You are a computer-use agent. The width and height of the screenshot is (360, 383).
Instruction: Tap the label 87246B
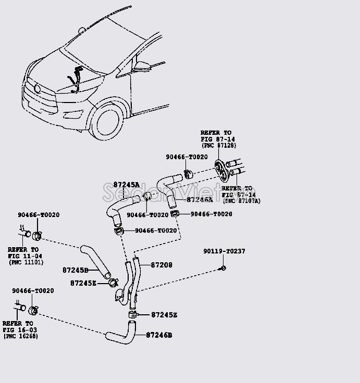pyautogui.click(x=159, y=336)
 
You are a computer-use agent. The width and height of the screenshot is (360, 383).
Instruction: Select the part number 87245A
pyautogui.click(x=127, y=185)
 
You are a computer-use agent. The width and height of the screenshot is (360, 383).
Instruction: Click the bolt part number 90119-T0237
pyautogui.click(x=224, y=251)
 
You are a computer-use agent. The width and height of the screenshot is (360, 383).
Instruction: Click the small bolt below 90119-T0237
pyautogui.click(x=223, y=267)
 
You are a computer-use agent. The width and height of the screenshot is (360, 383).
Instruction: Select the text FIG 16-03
pyautogui.click(x=19, y=330)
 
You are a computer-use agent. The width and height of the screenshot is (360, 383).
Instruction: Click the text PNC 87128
pyautogui.click(x=216, y=146)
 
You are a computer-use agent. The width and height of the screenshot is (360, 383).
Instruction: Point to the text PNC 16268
pyautogui.click(x=20, y=337)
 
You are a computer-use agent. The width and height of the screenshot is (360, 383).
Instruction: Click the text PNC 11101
pyautogui.click(x=26, y=262)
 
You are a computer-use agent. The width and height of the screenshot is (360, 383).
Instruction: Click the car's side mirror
pyautogui.click(x=141, y=67)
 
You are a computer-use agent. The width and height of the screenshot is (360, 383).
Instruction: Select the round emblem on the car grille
pyautogui.click(x=37, y=88)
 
